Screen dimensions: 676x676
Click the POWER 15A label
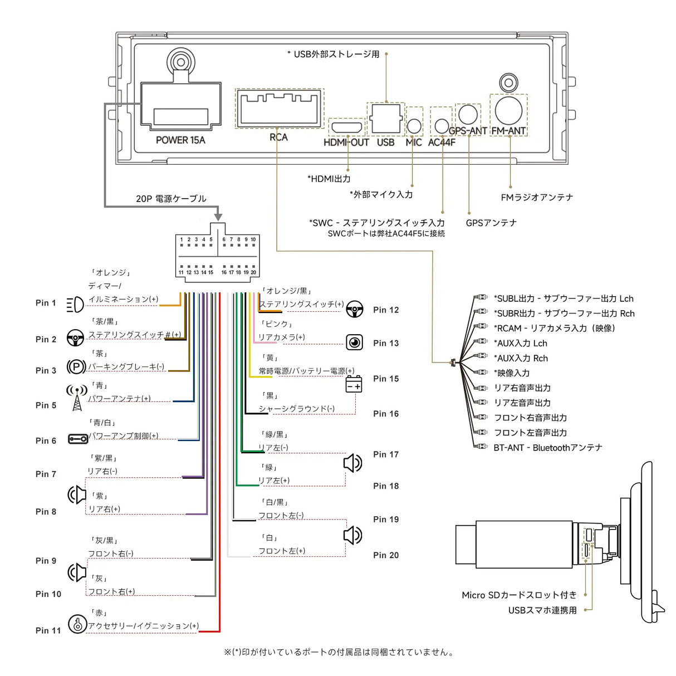[180, 140]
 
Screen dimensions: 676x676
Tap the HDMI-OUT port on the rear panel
[346, 128]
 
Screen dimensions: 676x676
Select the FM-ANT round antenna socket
[508, 110]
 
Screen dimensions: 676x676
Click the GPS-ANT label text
[468, 131]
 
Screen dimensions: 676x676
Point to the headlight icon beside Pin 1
[75, 304]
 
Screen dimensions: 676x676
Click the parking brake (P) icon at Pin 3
[76, 366]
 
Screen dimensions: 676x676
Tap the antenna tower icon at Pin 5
[76, 398]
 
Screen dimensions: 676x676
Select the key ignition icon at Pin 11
[77, 624]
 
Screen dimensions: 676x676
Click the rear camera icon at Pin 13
[354, 342]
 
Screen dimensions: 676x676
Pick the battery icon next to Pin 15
[354, 384]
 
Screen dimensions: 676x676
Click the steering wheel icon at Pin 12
[354, 309]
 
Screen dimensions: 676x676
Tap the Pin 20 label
[386, 555]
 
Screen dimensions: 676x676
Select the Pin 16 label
[386, 414]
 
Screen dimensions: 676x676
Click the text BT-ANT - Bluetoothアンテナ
[547, 448]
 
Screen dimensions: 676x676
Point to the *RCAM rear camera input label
[554, 329]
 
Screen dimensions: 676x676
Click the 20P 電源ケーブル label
[171, 199]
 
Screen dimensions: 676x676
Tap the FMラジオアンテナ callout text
[536, 197]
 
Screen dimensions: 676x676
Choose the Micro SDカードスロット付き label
[519, 595]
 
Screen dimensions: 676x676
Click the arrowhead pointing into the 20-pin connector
[218, 216]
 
